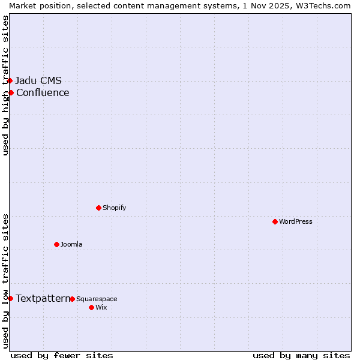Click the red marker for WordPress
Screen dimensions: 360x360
point(275,221)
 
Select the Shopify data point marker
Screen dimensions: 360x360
point(98,208)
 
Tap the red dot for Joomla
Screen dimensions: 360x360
point(56,244)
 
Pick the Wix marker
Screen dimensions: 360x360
point(91,307)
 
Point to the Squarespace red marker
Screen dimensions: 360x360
point(72,299)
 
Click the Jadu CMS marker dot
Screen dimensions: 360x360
point(10,80)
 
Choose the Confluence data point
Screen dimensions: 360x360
point(11,92)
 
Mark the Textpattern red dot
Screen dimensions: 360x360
point(10,298)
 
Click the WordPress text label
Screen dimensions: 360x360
point(296,221)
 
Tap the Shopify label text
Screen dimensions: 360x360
point(114,208)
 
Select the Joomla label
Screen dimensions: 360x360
point(71,244)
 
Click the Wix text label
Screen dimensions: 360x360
point(101,307)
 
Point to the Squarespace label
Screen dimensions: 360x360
point(97,299)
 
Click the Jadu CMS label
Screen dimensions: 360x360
point(38,80)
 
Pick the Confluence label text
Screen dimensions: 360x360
point(43,92)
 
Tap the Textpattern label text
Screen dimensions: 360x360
point(43,298)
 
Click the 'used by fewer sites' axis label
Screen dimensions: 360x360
point(62,355)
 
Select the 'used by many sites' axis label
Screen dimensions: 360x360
point(301,355)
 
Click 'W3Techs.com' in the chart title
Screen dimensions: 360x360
point(323,5)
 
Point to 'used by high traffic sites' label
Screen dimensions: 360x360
point(5,85)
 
